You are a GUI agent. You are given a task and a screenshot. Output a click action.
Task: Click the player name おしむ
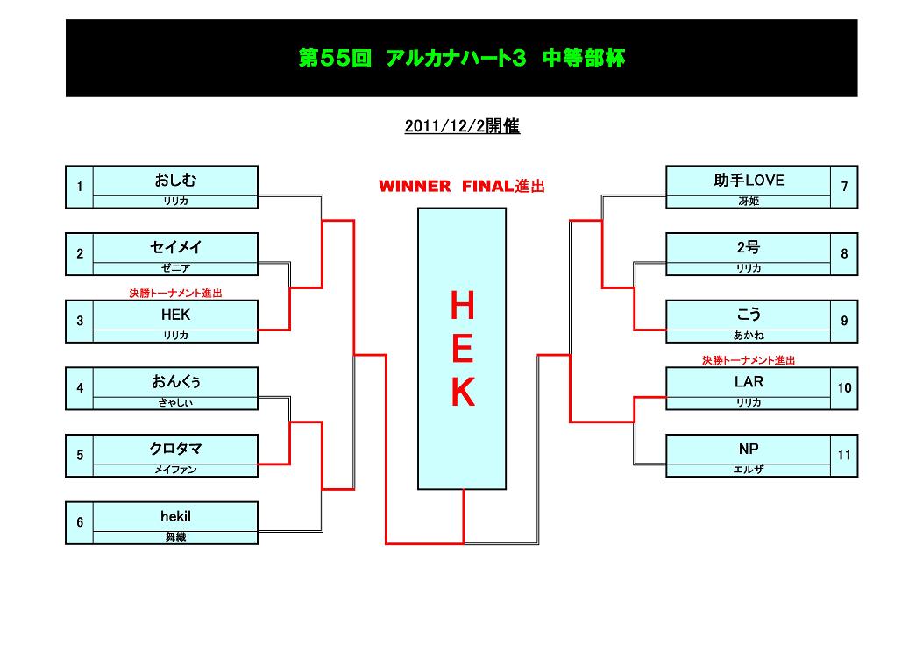pos(175,181)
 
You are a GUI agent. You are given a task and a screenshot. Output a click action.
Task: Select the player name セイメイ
pos(175,248)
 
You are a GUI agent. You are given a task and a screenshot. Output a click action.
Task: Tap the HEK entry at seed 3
pos(175,315)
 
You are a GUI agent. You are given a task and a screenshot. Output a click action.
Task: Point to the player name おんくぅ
pos(175,382)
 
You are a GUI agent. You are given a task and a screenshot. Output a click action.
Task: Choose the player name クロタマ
pos(175,450)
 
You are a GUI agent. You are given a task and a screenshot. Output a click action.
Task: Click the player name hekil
pos(175,517)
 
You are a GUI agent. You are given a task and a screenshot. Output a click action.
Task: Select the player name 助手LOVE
pos(749,181)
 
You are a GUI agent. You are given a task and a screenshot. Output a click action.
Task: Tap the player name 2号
pos(749,248)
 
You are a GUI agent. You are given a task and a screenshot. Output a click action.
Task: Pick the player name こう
pos(749,315)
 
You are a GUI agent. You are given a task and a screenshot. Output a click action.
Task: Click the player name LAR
pos(749,382)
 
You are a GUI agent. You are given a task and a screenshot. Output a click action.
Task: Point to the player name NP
pos(749,450)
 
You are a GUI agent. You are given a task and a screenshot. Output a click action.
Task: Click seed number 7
pos(844,187)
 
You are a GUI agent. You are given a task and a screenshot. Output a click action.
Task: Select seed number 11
pos(844,456)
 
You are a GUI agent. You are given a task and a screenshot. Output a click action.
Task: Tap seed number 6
pos(80,523)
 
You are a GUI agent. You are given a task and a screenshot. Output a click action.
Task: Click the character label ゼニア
pos(175,268)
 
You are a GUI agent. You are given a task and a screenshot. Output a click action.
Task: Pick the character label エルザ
pos(749,470)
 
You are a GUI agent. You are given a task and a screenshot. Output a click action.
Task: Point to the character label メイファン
pos(175,470)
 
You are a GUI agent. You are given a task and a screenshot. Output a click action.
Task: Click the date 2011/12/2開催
pos(462,126)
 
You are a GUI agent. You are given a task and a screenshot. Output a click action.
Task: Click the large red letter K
pos(462,393)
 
